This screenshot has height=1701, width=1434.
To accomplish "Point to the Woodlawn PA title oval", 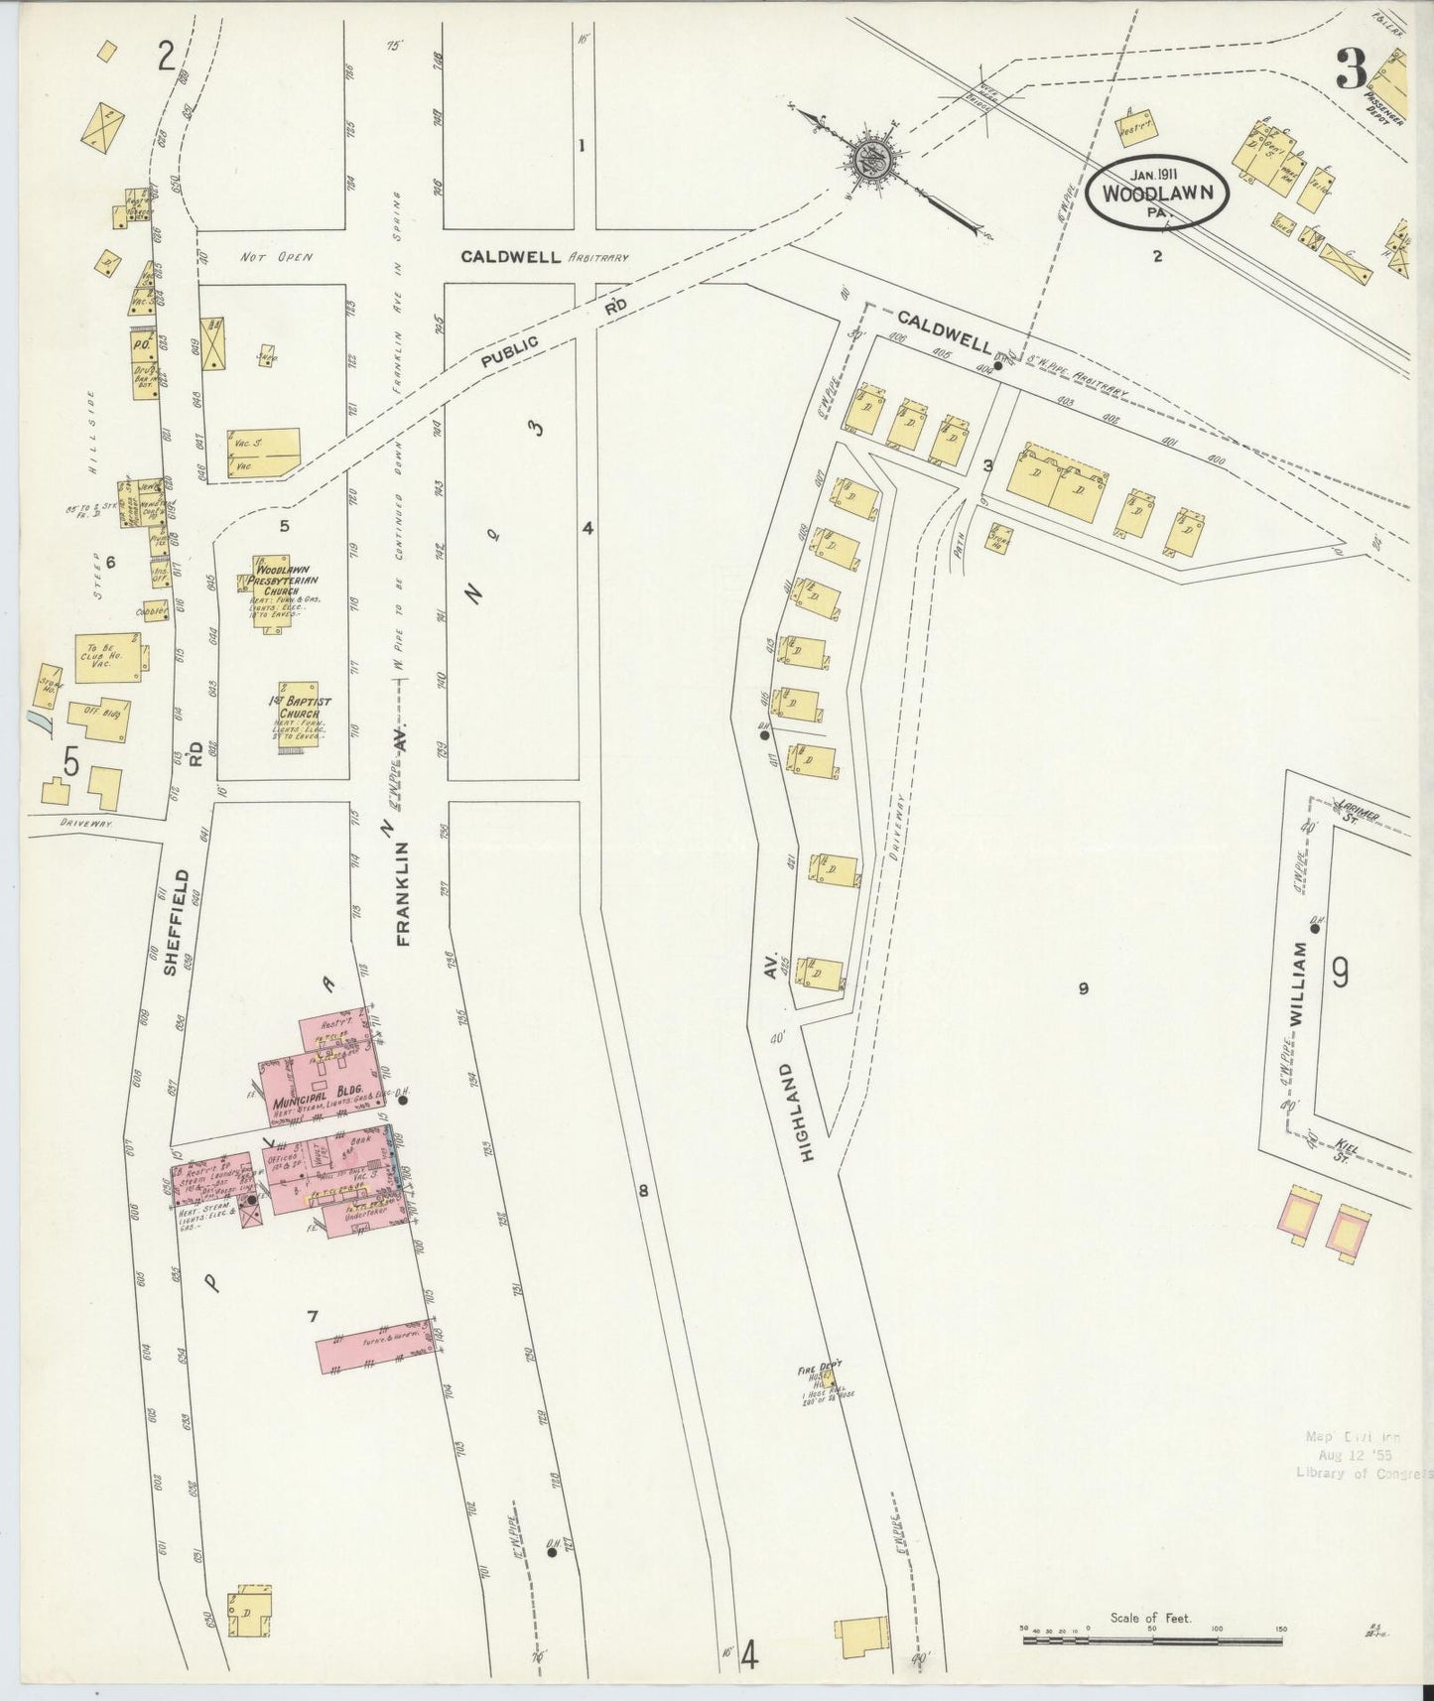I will coord(1157,191).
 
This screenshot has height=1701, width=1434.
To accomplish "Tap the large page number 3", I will coord(1351,71).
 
